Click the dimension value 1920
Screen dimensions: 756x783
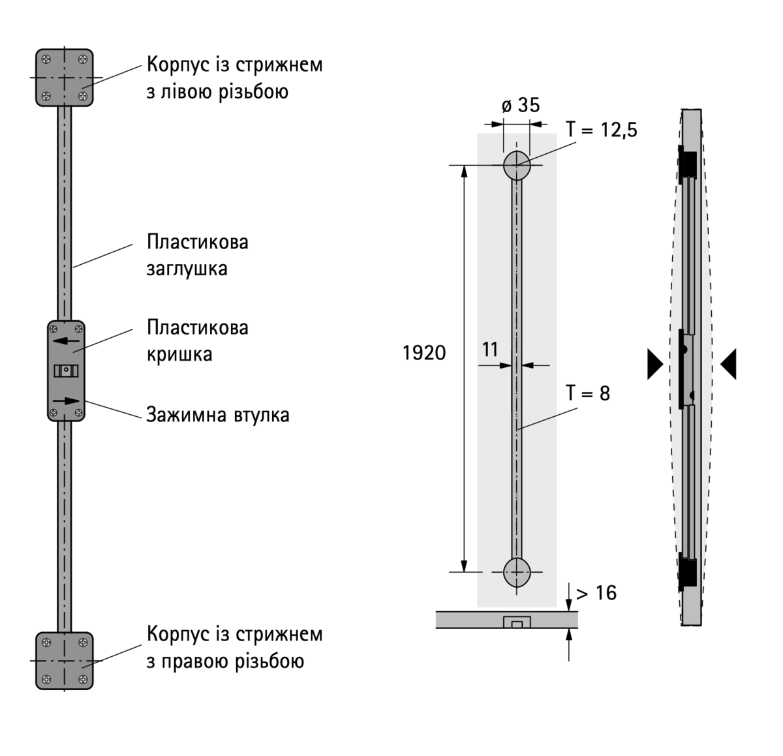(424, 353)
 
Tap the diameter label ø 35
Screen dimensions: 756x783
(521, 105)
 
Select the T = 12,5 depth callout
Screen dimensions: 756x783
(601, 129)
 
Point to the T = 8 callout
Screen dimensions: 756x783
(587, 393)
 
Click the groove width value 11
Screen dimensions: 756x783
(490, 350)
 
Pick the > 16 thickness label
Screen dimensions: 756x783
(596, 592)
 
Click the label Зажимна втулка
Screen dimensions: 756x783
(218, 415)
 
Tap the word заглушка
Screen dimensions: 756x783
(187, 269)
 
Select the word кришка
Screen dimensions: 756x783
(179, 354)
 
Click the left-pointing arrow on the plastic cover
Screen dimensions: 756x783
(66, 341)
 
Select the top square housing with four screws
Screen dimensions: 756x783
(64, 77)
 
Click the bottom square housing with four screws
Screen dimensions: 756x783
(64, 660)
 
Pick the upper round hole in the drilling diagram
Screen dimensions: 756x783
(517, 165)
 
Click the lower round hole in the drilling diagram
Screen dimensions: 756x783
(517, 573)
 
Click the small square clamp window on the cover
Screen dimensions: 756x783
(66, 370)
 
